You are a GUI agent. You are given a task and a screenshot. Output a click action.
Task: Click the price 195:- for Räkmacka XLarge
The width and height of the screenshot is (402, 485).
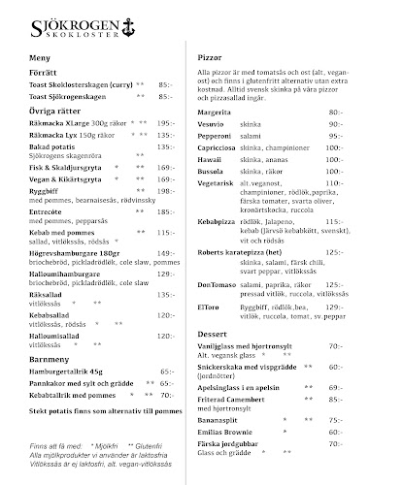point(163,122)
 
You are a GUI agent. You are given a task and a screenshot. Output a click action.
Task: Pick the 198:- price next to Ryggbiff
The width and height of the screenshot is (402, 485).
point(163,192)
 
